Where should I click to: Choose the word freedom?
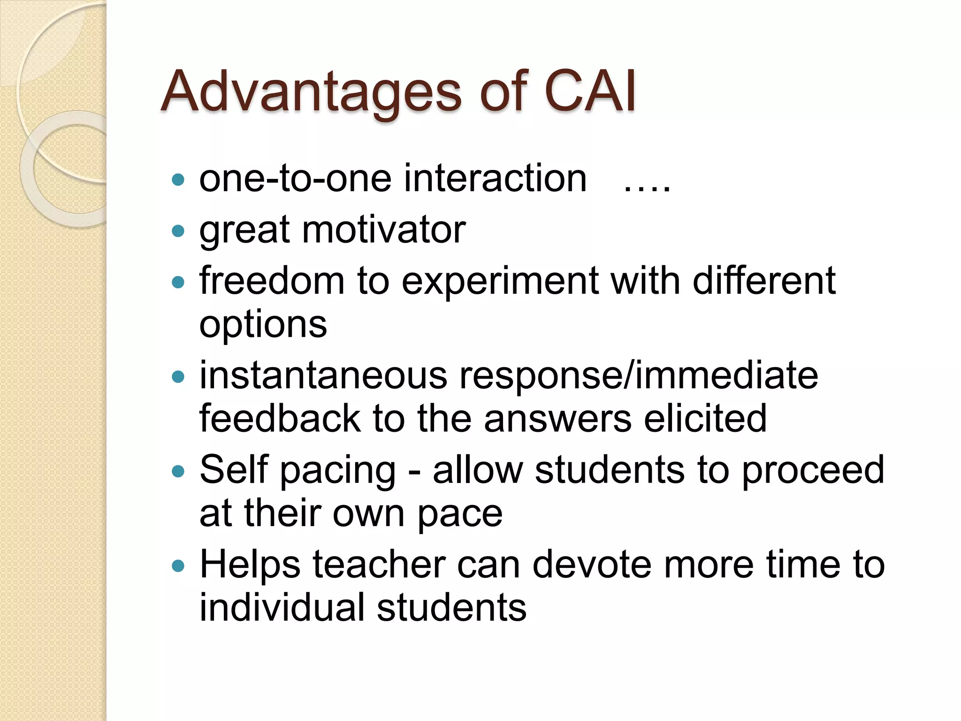pos(272,281)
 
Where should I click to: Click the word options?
pos(263,325)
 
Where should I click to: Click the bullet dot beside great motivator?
pos(178,231)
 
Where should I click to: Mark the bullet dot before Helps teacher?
pos(178,566)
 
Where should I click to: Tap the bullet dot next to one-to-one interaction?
pos(178,180)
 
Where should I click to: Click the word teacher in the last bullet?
pos(379,564)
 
